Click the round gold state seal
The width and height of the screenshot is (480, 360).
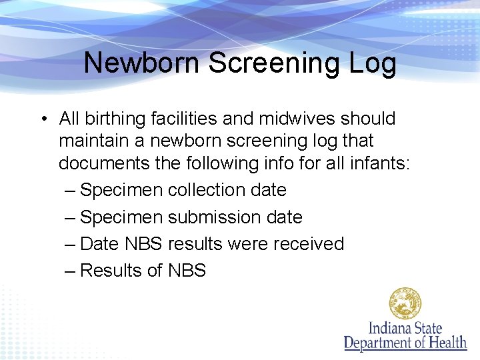(405, 304)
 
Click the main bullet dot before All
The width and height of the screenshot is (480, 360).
(42, 119)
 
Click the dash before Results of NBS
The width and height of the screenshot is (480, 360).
(71, 271)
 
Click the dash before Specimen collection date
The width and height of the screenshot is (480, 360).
(71, 191)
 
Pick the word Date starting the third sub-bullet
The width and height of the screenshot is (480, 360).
(99, 244)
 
